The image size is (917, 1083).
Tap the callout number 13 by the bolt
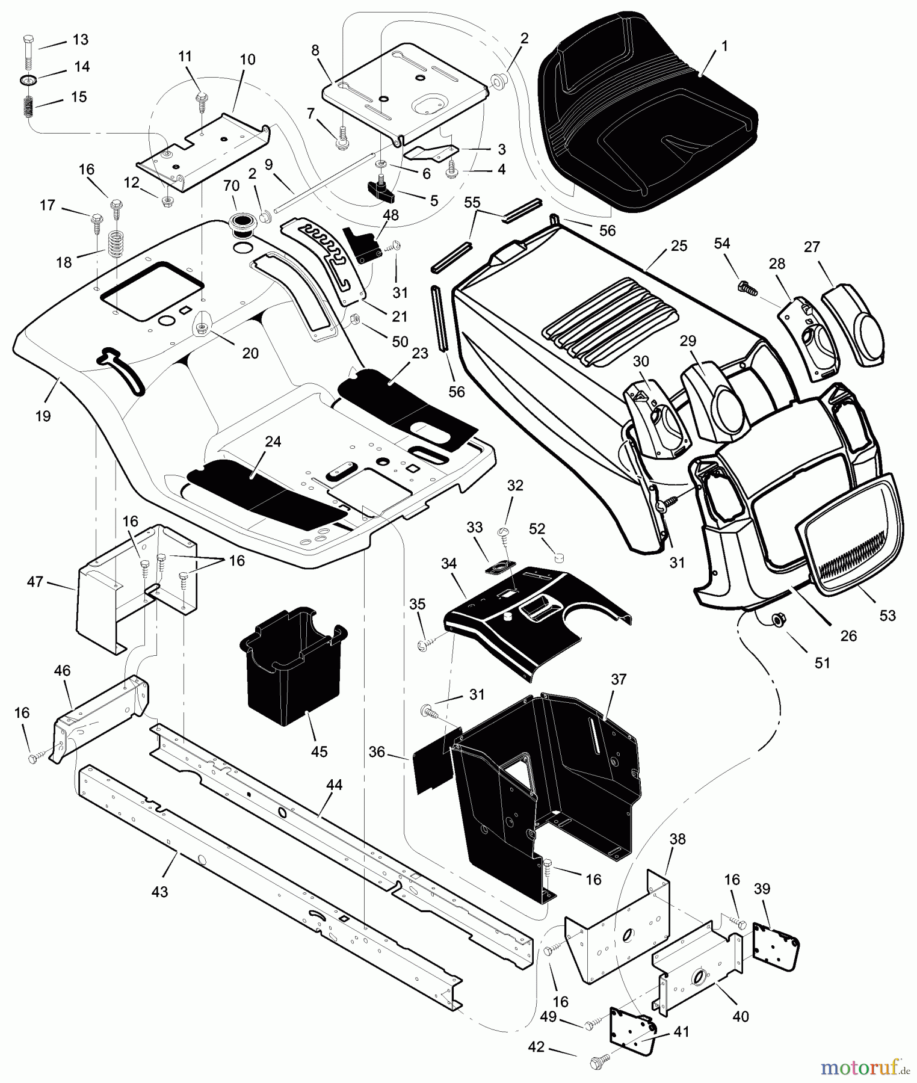80,40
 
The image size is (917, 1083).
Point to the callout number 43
159,892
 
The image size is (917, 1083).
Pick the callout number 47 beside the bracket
36,581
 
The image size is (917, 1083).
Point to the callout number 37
619,679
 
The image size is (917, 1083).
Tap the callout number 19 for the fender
43,416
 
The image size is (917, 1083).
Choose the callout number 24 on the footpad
273,442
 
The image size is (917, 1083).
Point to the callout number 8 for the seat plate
315,51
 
